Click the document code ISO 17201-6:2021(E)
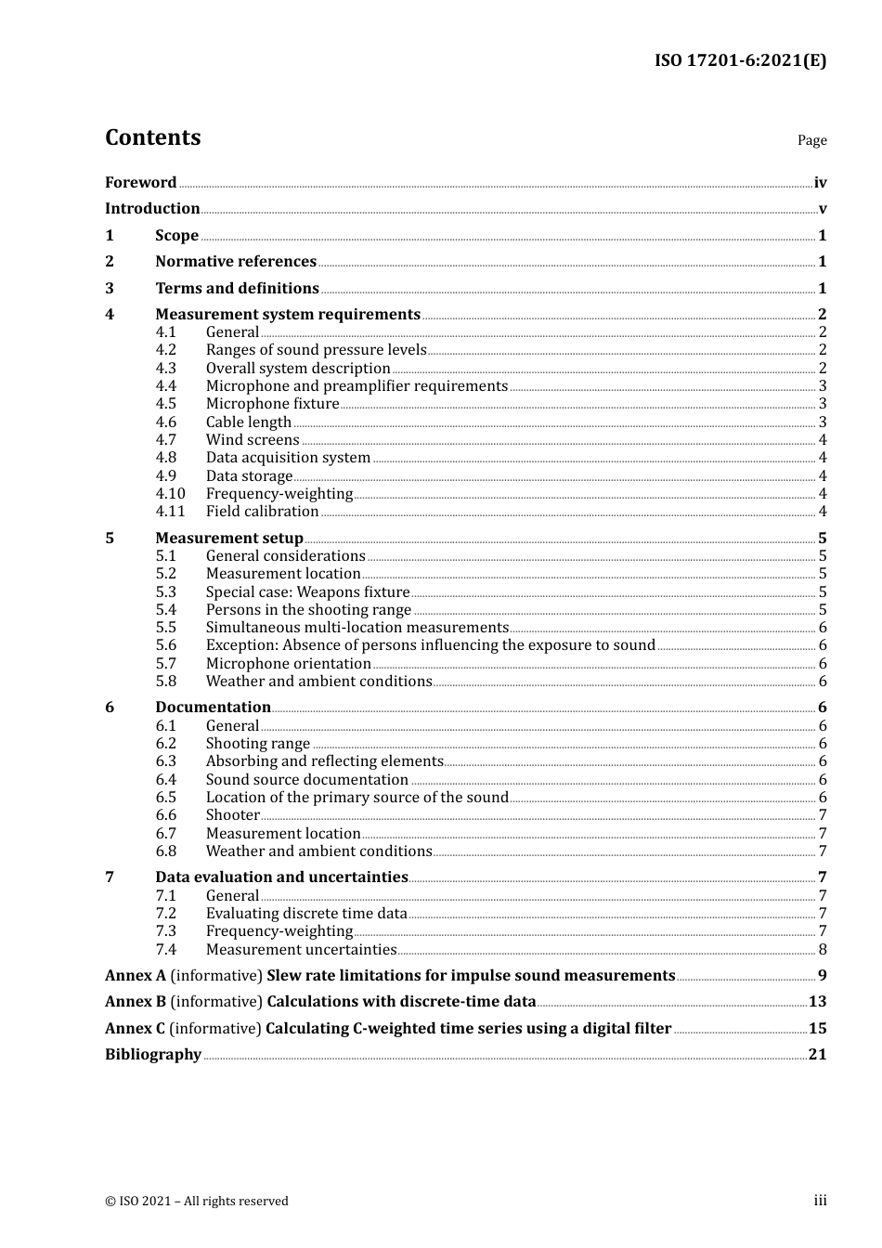740,60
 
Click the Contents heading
152,137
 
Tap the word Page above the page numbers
811,140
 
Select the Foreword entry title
140,183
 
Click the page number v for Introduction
822,209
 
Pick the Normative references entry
236,262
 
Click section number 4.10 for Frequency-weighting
170,494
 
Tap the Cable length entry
249,422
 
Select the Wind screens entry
253,440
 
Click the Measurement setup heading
229,539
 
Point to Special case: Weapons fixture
307,592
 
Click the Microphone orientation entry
288,664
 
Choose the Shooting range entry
258,744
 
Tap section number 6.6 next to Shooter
165,815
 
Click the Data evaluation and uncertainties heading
281,877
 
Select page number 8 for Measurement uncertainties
823,950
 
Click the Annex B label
136,1002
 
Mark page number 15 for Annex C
817,1029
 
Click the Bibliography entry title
153,1055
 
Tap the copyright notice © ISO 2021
197,1202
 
